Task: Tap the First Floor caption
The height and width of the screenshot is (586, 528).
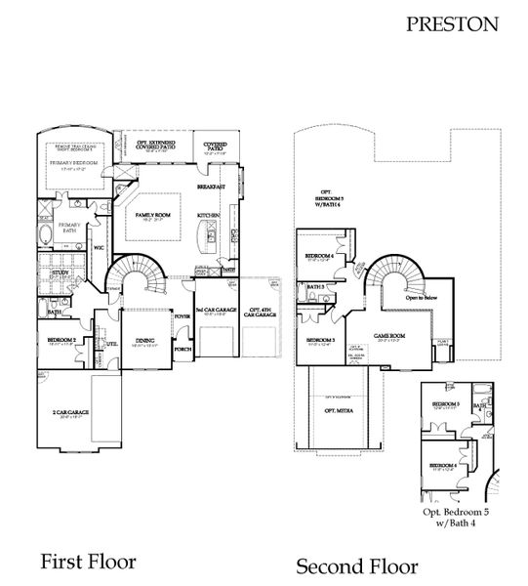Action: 88,561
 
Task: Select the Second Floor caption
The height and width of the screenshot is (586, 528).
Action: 357,565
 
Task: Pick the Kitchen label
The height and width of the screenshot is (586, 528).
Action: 209,215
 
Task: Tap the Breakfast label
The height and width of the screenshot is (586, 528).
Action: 211,186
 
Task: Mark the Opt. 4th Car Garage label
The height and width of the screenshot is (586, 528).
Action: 261,314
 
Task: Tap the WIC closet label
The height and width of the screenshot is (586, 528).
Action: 99,247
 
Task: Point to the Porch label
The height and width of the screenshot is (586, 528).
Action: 183,349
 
